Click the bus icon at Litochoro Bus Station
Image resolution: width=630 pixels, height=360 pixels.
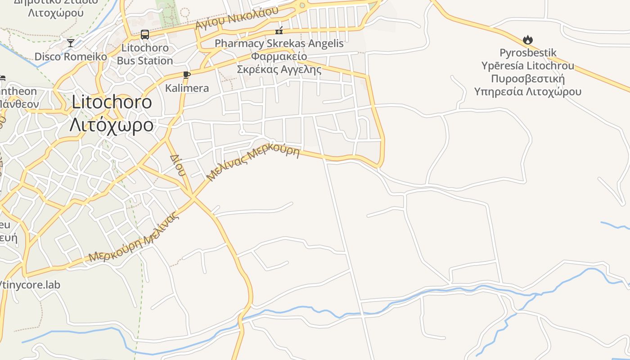145,34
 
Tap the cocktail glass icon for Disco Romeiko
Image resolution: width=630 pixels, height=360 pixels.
71,43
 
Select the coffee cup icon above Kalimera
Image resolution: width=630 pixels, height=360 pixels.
187,75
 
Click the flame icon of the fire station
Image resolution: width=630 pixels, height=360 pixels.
528,40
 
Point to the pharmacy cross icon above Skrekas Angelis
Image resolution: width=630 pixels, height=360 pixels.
279,31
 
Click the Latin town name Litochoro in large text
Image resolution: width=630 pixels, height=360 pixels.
112,103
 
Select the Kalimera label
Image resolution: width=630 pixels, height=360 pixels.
187,88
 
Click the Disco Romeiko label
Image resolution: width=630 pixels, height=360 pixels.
71,57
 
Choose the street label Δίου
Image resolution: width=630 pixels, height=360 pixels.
177,165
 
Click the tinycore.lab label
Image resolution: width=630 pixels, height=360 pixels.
31,285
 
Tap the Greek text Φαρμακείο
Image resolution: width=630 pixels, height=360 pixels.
279,57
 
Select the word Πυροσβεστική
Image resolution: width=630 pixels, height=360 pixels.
527,79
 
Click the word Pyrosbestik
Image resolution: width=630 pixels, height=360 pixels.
528,53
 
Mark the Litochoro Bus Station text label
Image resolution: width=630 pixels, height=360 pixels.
145,54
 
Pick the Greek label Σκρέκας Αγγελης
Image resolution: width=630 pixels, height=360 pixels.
279,70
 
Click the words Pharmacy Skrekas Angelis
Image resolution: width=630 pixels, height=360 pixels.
279,44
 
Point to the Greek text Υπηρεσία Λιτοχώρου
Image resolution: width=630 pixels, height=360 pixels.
527,92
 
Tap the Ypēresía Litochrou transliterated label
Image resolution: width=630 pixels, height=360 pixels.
527,66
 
